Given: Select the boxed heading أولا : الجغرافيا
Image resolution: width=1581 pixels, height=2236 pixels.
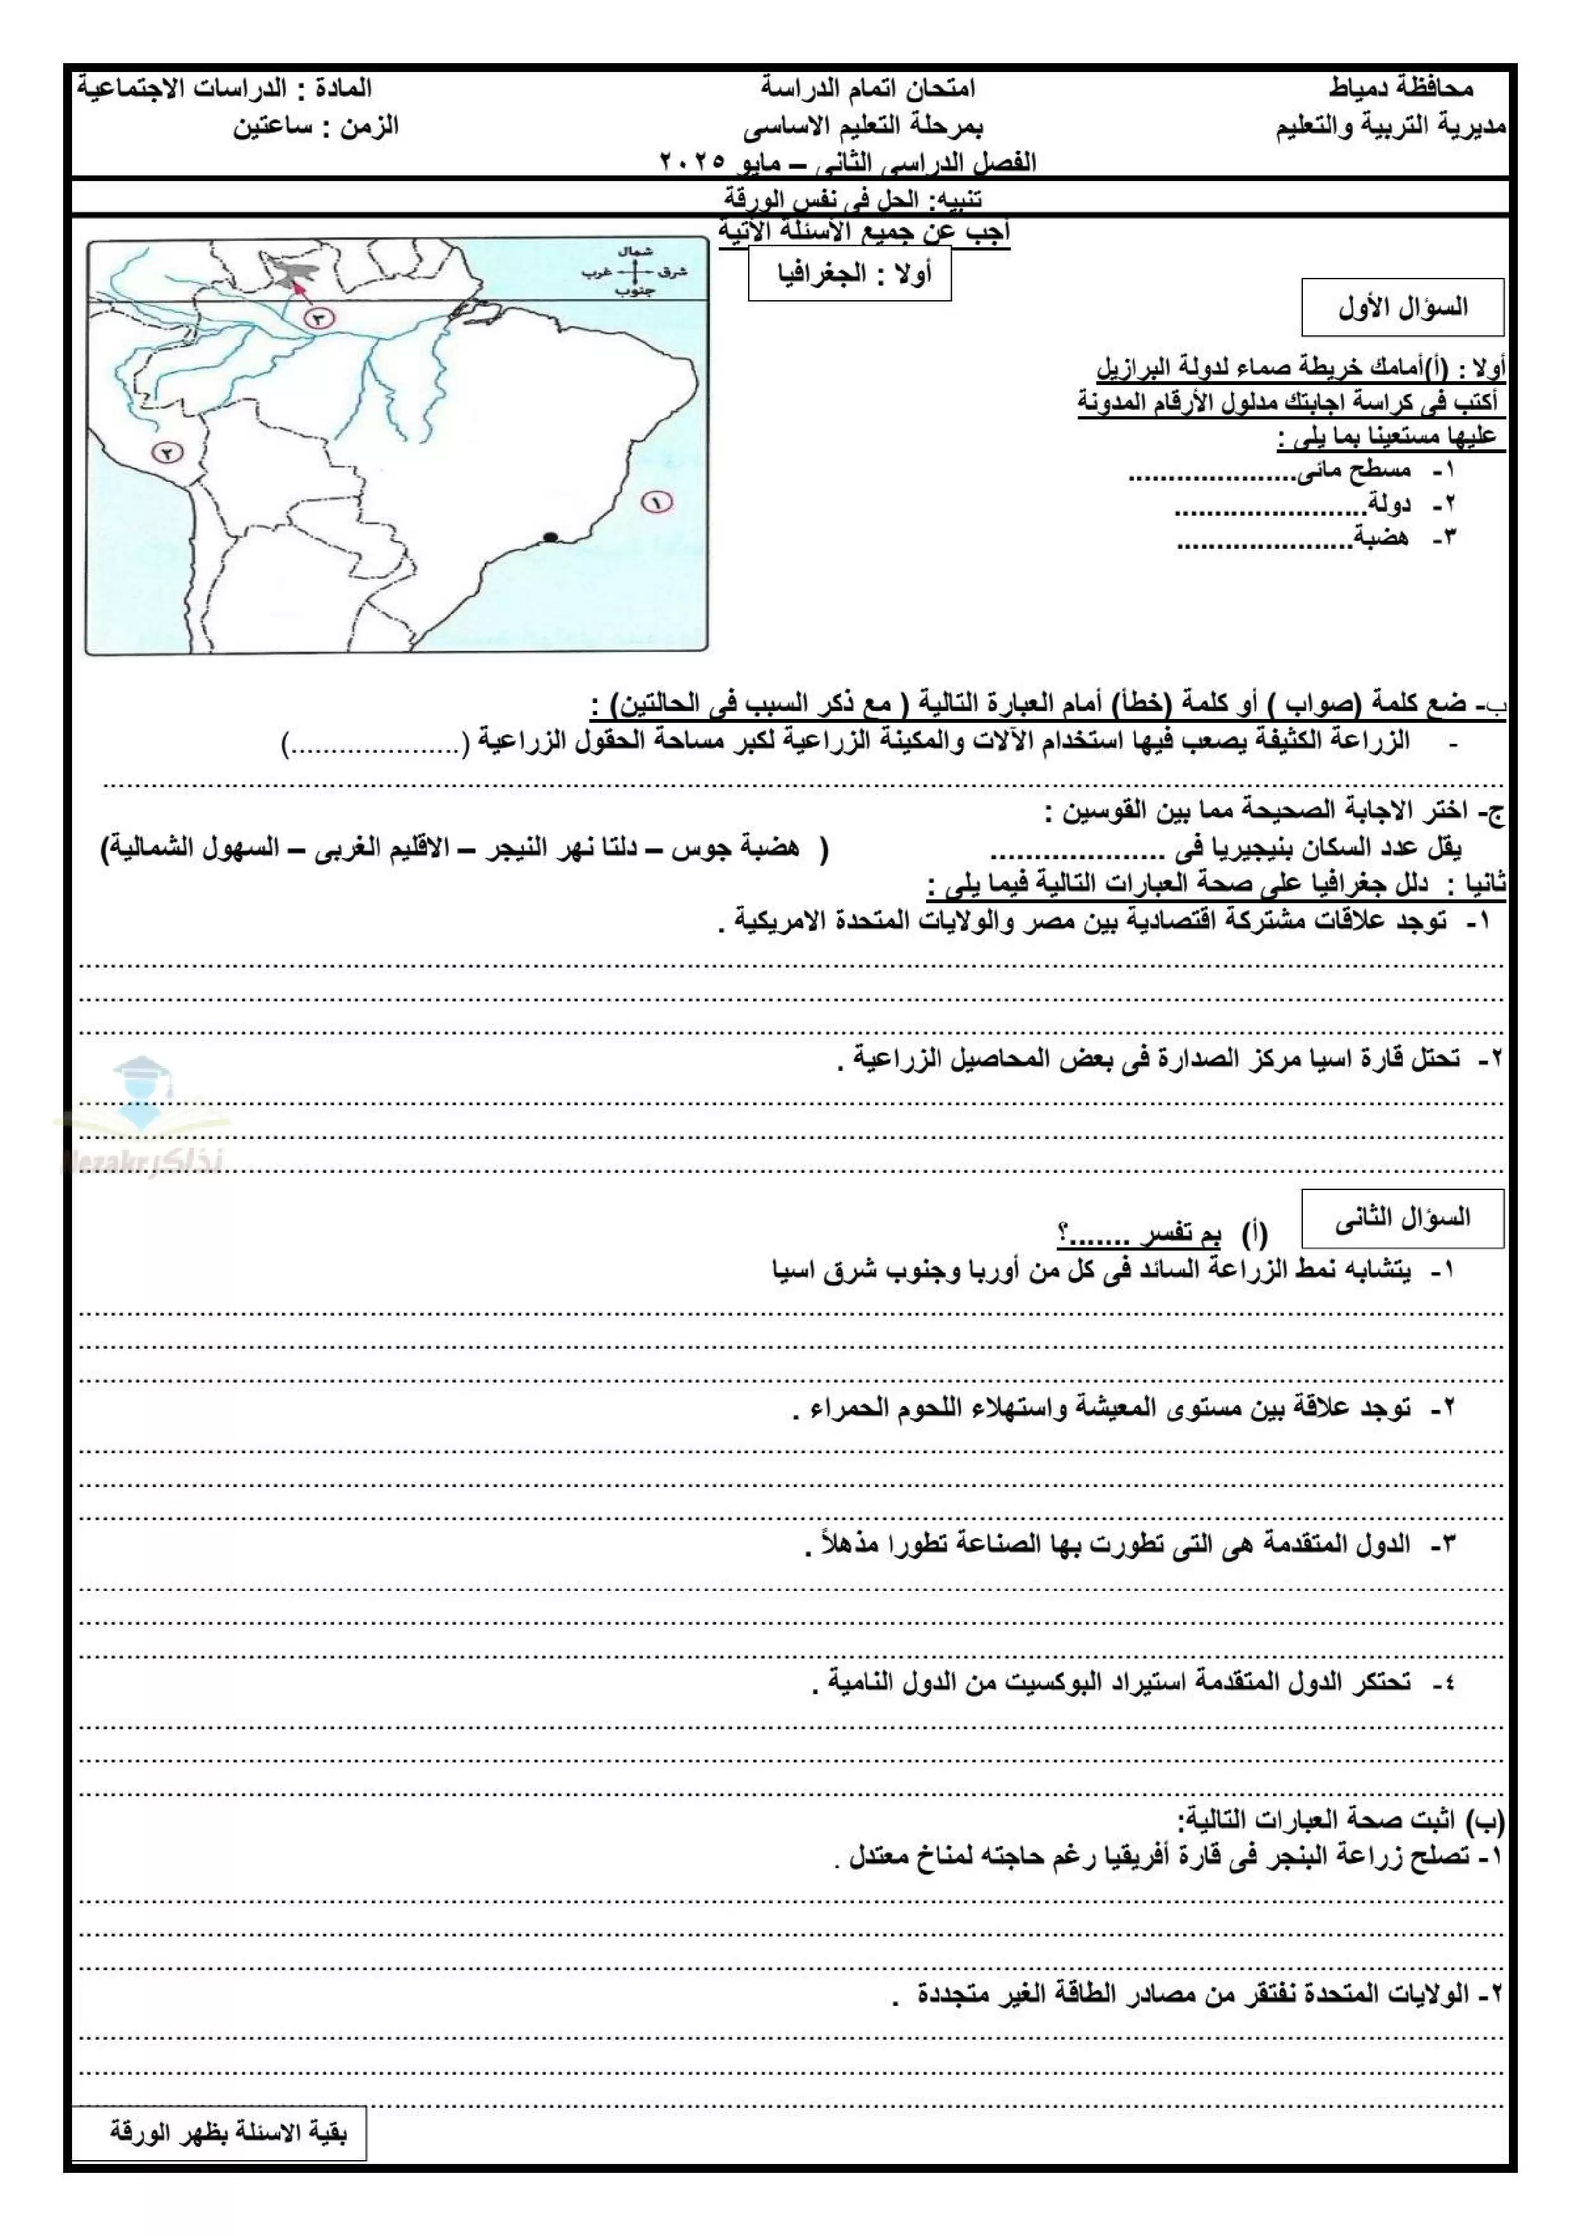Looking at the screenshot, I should (x=849, y=273).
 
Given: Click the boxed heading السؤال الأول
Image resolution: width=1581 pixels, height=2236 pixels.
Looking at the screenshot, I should (x=1402, y=308).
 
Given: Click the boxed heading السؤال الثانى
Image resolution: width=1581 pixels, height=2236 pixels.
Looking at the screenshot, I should (x=1402, y=1218).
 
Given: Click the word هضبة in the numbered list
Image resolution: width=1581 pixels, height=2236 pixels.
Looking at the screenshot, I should (x=1381, y=537).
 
